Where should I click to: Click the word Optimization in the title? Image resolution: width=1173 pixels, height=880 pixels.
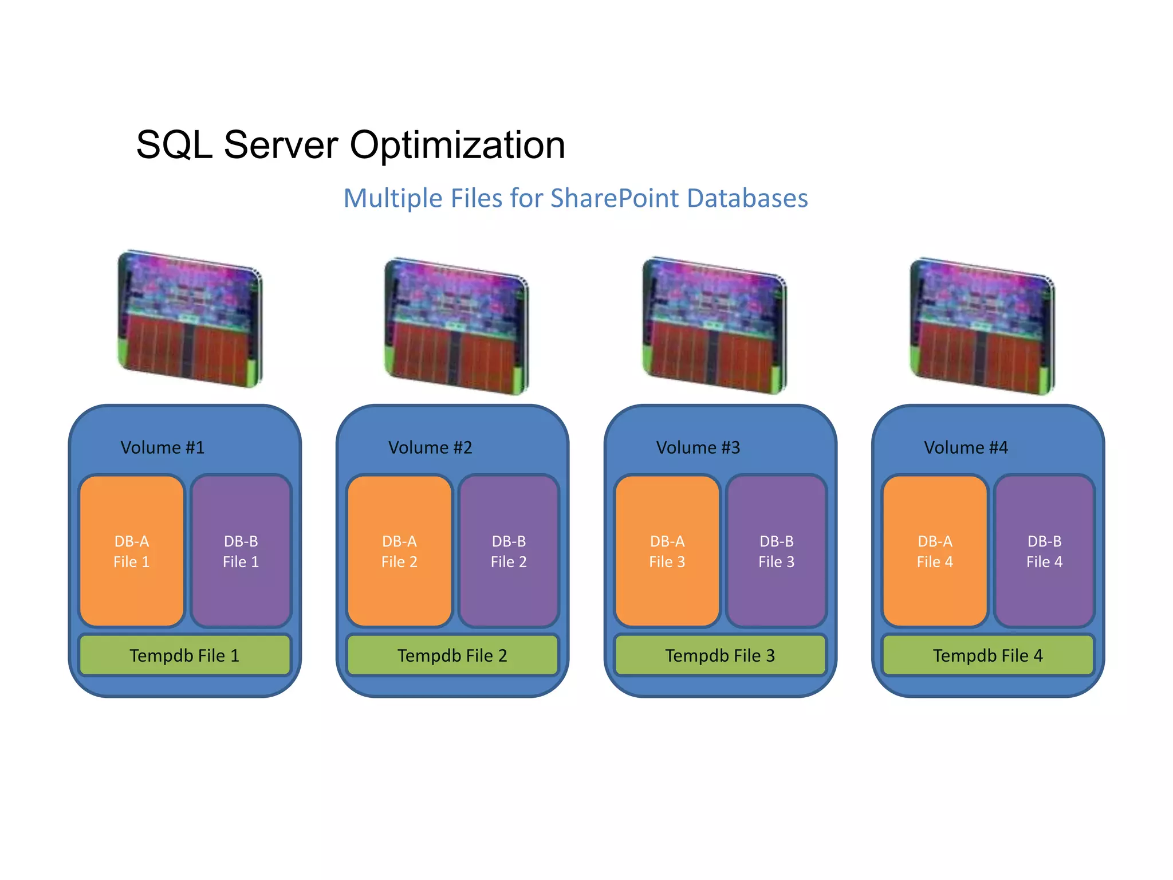tap(457, 145)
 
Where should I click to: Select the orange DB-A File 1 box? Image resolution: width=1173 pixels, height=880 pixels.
tap(131, 551)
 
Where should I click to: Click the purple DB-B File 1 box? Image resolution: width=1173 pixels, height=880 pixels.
tap(241, 551)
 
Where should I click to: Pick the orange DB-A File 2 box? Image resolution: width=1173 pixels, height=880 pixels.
tap(399, 551)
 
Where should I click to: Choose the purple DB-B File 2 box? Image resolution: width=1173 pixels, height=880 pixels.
tap(509, 551)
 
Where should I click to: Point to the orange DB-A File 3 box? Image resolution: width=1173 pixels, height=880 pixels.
tap(667, 551)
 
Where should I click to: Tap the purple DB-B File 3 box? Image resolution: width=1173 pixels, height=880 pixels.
tap(776, 551)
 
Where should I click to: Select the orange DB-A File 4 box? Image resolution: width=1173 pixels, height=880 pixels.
tap(935, 551)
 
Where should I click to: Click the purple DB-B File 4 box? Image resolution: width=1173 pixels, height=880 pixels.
tap(1044, 551)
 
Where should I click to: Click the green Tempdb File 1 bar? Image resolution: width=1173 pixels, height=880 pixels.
tap(184, 655)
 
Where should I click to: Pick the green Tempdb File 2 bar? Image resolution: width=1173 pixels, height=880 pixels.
tap(452, 655)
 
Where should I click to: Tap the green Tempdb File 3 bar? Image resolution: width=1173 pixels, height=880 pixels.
tap(720, 655)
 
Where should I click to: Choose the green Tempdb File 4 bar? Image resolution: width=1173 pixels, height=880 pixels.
tap(987, 655)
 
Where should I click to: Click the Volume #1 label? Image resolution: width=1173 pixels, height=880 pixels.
tap(162, 447)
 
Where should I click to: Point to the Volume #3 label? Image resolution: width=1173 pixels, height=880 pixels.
tap(698, 447)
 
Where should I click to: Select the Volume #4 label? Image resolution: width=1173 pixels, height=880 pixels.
tap(966, 447)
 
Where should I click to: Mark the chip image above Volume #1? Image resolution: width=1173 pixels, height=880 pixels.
tap(190, 319)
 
